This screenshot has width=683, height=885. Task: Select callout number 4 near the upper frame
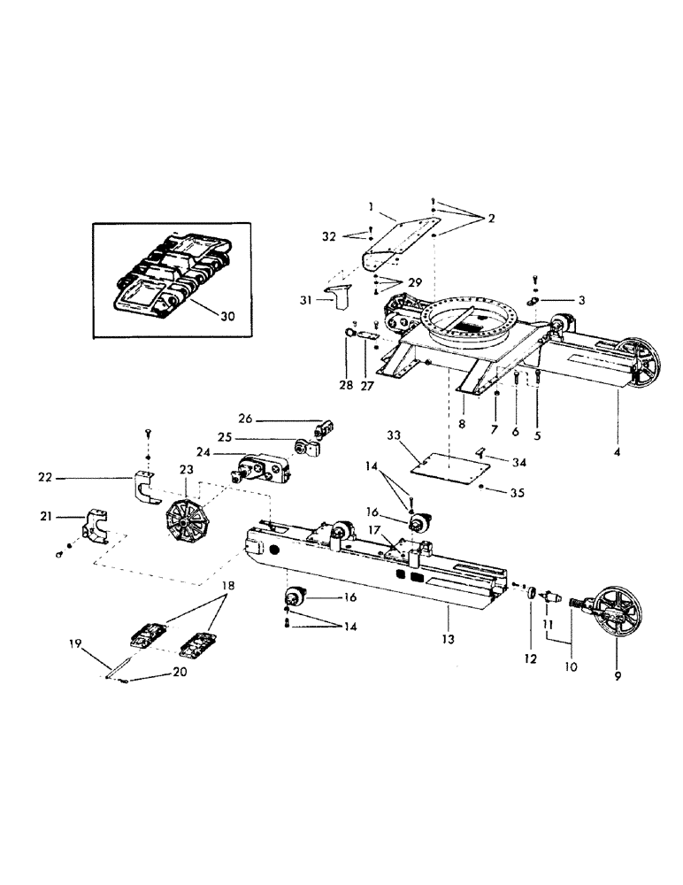point(616,453)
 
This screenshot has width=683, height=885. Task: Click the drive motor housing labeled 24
point(263,466)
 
